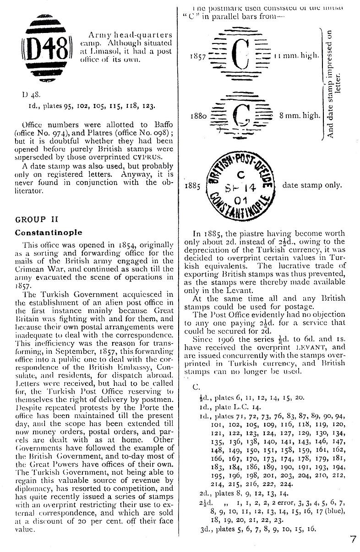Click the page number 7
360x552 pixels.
pos(353,539)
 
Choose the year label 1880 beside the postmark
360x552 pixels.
pos(198,116)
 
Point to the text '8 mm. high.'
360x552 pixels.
pos(300,116)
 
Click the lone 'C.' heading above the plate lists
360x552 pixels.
pos(196,386)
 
